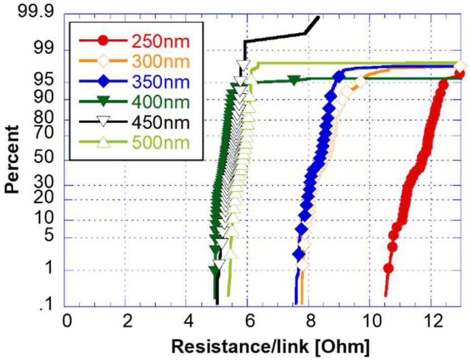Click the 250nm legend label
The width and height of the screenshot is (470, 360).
pyautogui.click(x=160, y=41)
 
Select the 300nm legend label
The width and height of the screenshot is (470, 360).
pyautogui.click(x=160, y=61)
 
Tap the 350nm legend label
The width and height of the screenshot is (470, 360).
pyautogui.click(x=160, y=82)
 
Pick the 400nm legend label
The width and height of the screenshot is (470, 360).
pyautogui.click(x=160, y=102)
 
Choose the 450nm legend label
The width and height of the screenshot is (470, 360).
pyautogui.click(x=160, y=122)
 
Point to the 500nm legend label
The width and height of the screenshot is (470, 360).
pyautogui.click(x=160, y=142)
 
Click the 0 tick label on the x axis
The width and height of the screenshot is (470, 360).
pyautogui.click(x=66, y=321)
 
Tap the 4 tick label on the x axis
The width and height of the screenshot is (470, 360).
pyautogui.click(x=188, y=321)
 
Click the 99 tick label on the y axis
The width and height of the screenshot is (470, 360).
pyautogui.click(x=44, y=50)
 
